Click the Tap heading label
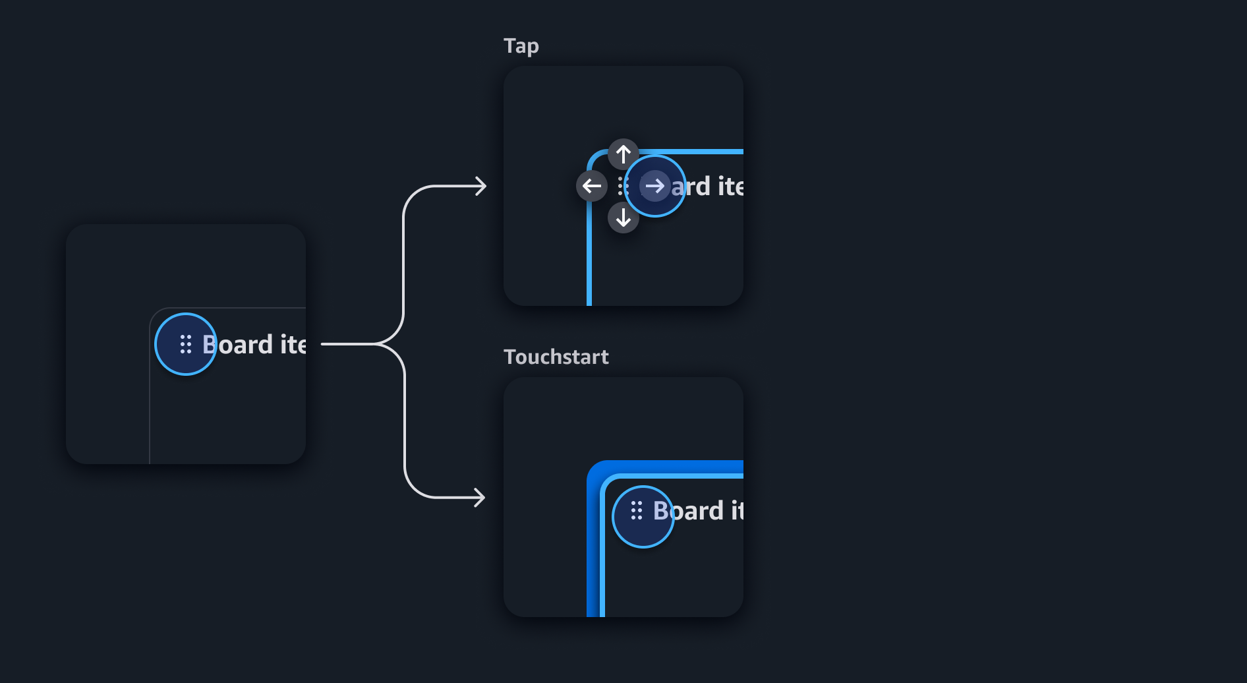tap(521, 46)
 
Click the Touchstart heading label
tap(556, 357)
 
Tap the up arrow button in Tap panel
tap(623, 154)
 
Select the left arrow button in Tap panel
tap(592, 186)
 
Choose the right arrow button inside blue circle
tap(654, 186)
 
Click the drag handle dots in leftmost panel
tap(186, 344)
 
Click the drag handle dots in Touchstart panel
tap(636, 510)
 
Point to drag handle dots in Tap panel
tap(622, 186)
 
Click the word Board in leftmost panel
tap(237, 345)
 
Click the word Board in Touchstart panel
tap(688, 511)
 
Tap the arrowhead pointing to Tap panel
tap(481, 186)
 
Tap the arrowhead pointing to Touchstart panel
tap(480, 497)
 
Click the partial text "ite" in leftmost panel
tap(293, 345)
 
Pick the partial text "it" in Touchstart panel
tap(737, 511)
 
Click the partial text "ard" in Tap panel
tap(691, 187)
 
